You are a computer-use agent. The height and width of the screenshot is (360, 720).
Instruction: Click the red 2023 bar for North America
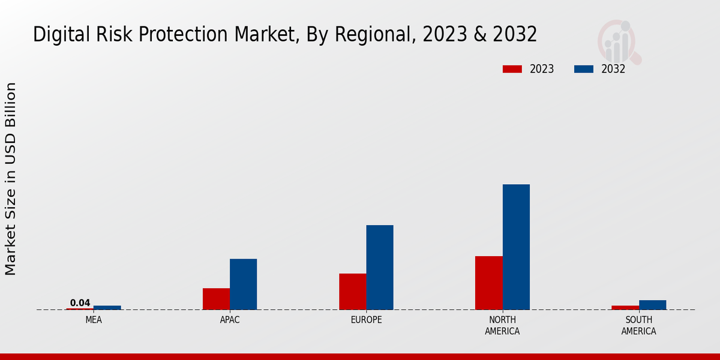pos(488,283)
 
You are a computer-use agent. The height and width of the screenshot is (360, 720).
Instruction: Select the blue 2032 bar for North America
pos(516,247)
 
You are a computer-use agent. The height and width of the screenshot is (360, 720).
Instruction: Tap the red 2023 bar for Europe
pos(352,292)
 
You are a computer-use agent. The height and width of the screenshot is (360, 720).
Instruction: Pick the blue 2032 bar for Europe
pos(380,267)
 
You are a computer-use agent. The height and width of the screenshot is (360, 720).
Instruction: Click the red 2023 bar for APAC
pos(216,299)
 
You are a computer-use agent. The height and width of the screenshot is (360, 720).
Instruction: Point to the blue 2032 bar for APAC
pos(243,284)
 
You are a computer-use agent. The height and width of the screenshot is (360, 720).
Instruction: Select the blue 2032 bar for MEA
pos(107,307)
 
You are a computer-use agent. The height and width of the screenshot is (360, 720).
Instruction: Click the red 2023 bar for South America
pos(625,307)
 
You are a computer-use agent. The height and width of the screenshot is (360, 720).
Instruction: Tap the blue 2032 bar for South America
pos(652,305)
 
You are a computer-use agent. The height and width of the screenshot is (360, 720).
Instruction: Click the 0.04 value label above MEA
pos(80,303)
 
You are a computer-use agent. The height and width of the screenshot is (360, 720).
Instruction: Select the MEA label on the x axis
pos(94,320)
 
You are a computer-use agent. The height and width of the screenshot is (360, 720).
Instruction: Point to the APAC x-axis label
pos(230,320)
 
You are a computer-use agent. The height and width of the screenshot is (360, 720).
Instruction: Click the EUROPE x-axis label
pos(366,320)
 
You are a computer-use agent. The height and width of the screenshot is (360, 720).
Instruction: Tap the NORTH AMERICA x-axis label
pos(502,325)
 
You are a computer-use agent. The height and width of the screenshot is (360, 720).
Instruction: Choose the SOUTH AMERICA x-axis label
pos(638,325)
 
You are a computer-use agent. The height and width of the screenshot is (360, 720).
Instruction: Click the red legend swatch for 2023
pos(512,69)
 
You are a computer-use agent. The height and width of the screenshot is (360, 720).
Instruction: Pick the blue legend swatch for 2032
pos(583,69)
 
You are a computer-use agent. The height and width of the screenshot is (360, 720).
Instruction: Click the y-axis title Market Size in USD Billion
pos(11,179)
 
